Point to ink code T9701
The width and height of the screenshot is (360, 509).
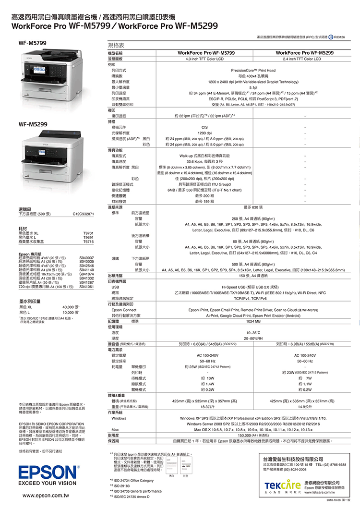pos(88,233)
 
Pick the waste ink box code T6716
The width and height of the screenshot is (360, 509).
pos(88,241)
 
